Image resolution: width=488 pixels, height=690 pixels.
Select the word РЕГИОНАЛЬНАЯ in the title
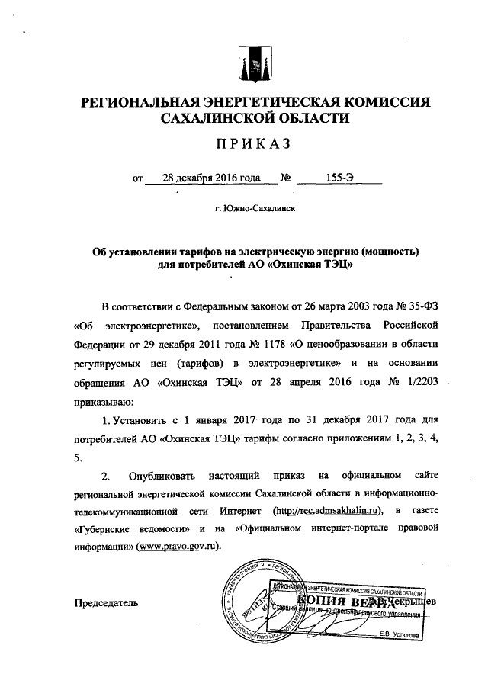(144, 101)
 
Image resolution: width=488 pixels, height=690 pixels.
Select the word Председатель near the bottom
(105, 604)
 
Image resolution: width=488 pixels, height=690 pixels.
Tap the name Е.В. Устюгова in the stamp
(399, 634)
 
